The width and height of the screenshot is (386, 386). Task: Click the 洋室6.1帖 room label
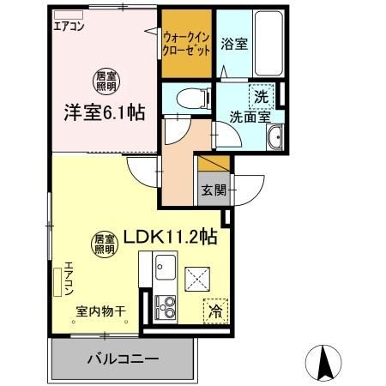102,112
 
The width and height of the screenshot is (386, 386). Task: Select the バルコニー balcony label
121,359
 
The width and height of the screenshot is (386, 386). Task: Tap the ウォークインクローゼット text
187,44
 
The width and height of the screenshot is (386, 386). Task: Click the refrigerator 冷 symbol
214,311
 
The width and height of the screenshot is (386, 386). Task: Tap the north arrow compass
327,360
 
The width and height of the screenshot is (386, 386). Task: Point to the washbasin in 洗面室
275,140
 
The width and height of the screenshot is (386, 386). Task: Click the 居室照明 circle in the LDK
104,244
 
